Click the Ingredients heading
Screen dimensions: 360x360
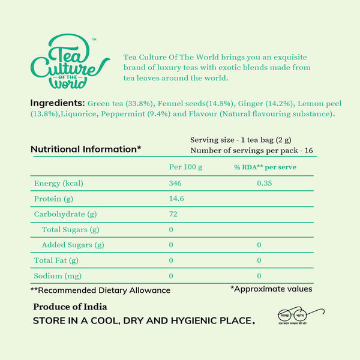tap(58, 103)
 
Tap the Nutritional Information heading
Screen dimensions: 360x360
tap(86, 149)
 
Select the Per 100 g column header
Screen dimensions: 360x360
tap(185, 166)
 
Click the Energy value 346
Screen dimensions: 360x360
tap(176, 183)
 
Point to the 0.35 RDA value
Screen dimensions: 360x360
tap(264, 183)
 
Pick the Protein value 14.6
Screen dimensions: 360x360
tap(178, 199)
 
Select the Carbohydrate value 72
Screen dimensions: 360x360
tap(173, 214)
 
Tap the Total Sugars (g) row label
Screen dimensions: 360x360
tap(70, 229)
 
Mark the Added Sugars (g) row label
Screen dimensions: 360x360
tap(73, 245)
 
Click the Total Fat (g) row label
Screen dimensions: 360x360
tap(56, 260)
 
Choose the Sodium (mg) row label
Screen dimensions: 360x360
tap(57, 276)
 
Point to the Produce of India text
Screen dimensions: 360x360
tap(70, 307)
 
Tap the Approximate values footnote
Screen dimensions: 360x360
tap(271, 289)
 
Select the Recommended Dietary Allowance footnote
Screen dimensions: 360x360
tap(100, 290)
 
